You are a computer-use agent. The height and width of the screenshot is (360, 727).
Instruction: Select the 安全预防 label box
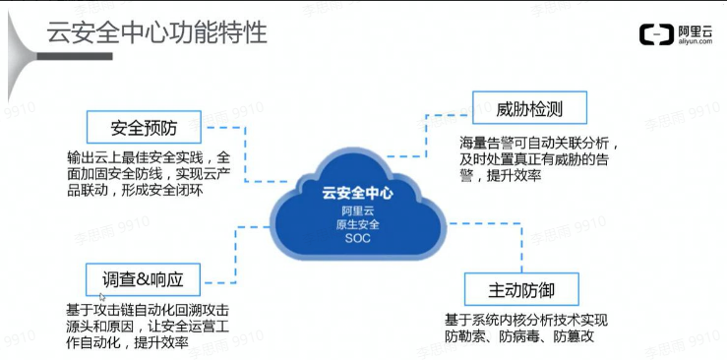click(x=144, y=127)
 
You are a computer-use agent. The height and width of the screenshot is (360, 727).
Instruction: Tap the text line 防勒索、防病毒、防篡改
click(x=518, y=337)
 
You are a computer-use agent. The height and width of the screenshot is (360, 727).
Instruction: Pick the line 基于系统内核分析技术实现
click(x=526, y=321)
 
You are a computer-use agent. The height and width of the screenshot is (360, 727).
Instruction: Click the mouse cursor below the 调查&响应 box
click(x=102, y=294)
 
